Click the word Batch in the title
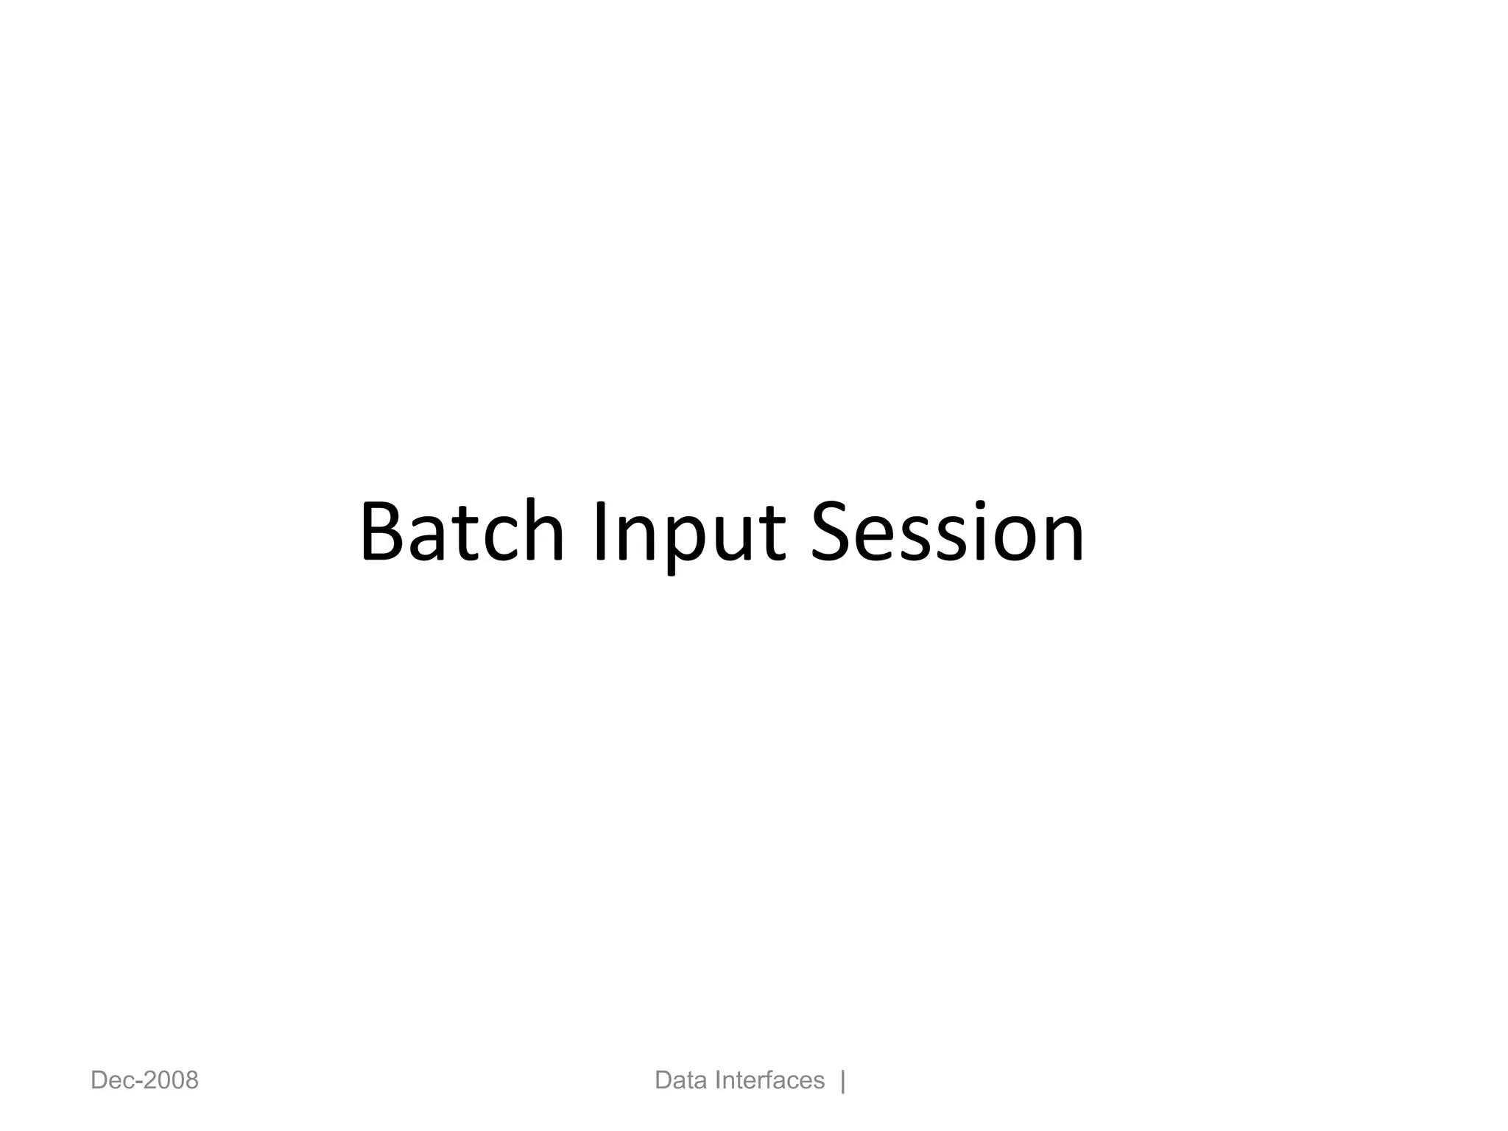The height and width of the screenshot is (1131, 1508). click(x=462, y=532)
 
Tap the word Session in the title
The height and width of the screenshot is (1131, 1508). click(x=947, y=532)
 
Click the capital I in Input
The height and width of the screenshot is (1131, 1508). click(x=600, y=532)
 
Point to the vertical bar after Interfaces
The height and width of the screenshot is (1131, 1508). click(x=843, y=1081)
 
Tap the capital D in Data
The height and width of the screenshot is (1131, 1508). click(x=663, y=1081)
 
